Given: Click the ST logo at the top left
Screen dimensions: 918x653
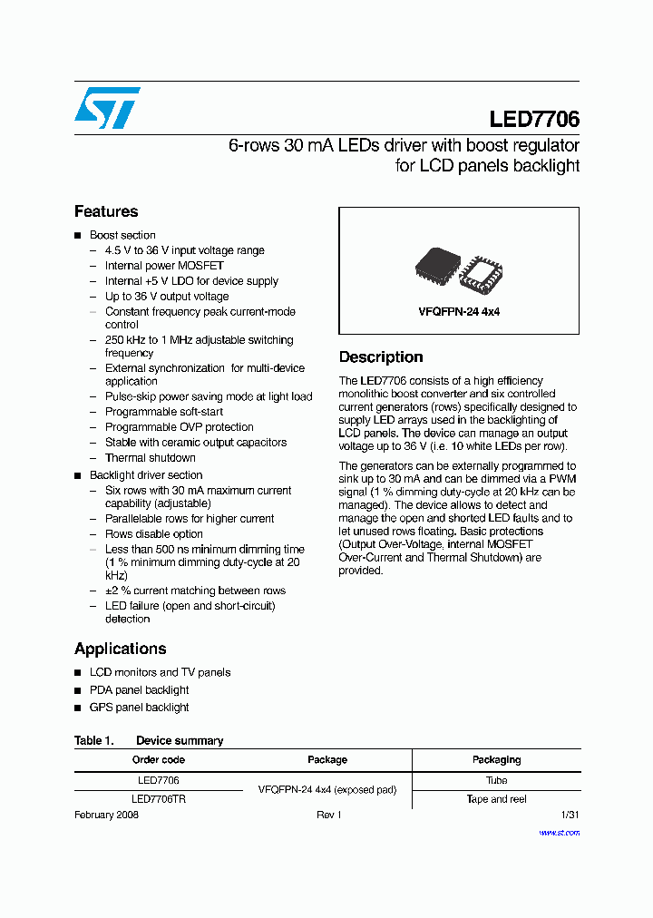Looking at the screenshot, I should pyautogui.click(x=107, y=108).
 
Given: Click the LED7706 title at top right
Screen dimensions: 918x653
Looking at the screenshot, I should pyautogui.click(x=533, y=119).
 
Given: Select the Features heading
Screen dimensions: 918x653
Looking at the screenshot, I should pyautogui.click(x=106, y=211).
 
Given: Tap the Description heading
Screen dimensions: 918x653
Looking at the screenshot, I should pyautogui.click(x=381, y=357).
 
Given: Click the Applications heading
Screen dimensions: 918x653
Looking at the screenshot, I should pyautogui.click(x=120, y=649).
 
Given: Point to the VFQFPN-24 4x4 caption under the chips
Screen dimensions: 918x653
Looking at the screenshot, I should pyautogui.click(x=459, y=311).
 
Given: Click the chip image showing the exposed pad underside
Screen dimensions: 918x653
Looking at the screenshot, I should pyautogui.click(x=481, y=273).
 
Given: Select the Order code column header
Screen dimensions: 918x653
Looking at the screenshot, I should pyautogui.click(x=158, y=759).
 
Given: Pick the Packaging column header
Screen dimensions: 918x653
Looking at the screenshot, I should pyautogui.click(x=496, y=759).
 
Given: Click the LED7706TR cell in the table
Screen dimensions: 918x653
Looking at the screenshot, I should pyautogui.click(x=158, y=799).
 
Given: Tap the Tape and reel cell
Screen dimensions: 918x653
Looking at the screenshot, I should pyautogui.click(x=496, y=799).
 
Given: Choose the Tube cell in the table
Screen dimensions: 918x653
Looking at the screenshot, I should pyautogui.click(x=496, y=780).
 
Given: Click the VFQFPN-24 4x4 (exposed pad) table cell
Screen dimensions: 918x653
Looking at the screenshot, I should pyautogui.click(x=327, y=789).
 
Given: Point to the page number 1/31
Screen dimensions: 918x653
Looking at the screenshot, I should pyautogui.click(x=570, y=815).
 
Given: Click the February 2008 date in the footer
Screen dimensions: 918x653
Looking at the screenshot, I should pyautogui.click(x=106, y=815).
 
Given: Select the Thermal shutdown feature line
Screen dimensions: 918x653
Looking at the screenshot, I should pyautogui.click(x=150, y=458).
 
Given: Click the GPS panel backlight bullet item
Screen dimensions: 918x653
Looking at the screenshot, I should pyautogui.click(x=139, y=708).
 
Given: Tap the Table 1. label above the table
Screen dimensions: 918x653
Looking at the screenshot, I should pyautogui.click(x=93, y=740).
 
